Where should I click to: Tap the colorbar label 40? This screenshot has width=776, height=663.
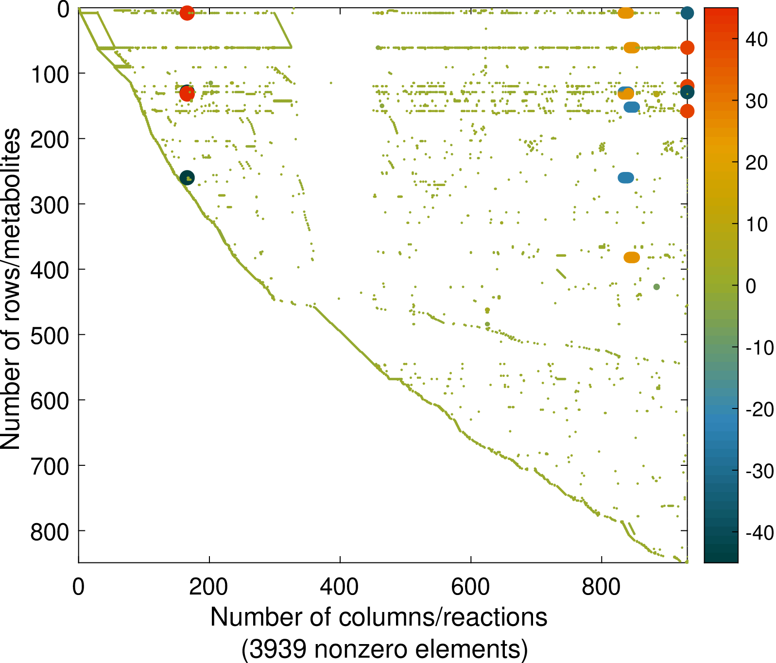pos(757,39)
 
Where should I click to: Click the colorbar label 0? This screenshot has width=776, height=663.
pos(751,286)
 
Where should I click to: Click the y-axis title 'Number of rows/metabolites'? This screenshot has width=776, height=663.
pos(11,289)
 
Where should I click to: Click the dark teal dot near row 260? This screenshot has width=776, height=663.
pos(187,178)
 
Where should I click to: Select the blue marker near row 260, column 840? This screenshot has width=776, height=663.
pos(626,178)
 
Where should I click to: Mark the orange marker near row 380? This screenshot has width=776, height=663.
pos(632,257)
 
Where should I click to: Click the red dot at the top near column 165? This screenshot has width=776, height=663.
pos(187,13)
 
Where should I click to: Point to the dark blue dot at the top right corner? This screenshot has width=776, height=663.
pos(687,13)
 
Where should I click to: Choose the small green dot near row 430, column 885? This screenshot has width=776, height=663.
pos(656,287)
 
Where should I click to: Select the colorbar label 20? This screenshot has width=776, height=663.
pos(757,163)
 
